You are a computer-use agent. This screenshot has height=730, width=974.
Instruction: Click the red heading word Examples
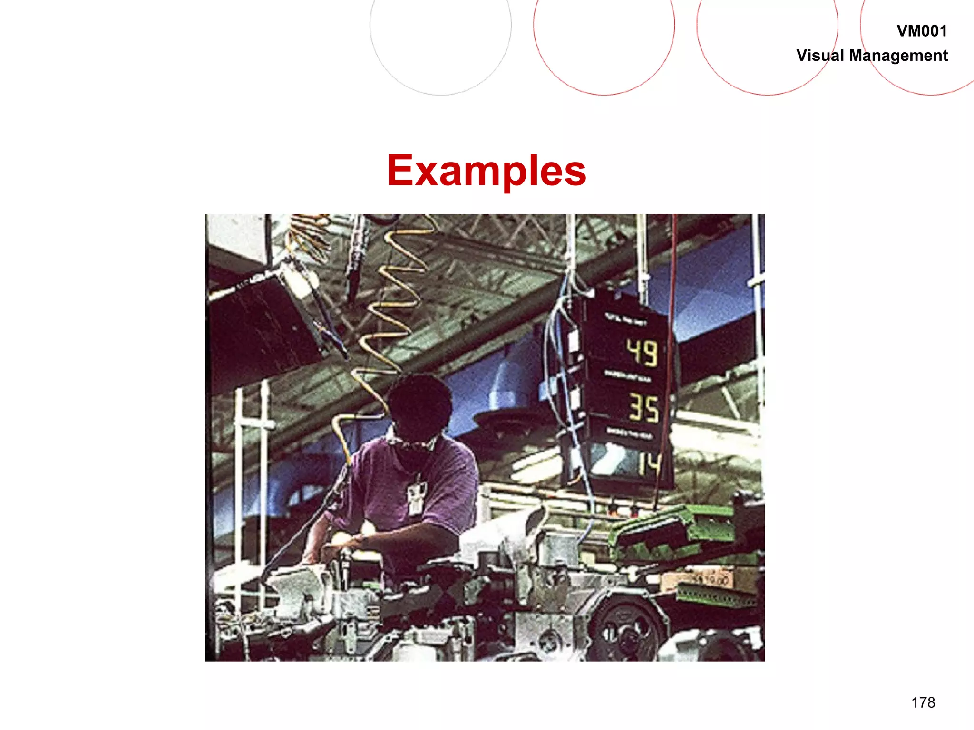486,171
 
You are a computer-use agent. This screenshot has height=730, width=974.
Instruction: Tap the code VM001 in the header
921,31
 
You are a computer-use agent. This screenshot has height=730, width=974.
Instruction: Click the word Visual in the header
820,56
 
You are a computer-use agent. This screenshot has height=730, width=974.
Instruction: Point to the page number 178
923,702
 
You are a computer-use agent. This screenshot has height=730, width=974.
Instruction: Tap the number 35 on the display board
643,408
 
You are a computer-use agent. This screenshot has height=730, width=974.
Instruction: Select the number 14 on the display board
650,463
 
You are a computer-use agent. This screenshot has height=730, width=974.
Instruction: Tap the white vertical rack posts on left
250,475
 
